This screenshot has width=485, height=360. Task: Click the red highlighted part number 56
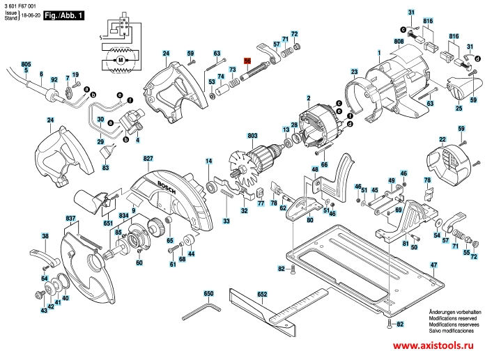(x=247, y=61)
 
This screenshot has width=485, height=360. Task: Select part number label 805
(x=26, y=63)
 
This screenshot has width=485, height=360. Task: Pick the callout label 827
(x=148, y=159)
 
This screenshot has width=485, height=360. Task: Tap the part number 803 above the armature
(x=252, y=136)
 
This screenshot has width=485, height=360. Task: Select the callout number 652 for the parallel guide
(x=263, y=295)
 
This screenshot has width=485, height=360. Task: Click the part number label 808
(x=399, y=42)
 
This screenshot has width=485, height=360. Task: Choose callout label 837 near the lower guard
(x=70, y=219)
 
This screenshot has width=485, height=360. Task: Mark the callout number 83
(x=106, y=168)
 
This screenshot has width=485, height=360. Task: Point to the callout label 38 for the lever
(x=45, y=236)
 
